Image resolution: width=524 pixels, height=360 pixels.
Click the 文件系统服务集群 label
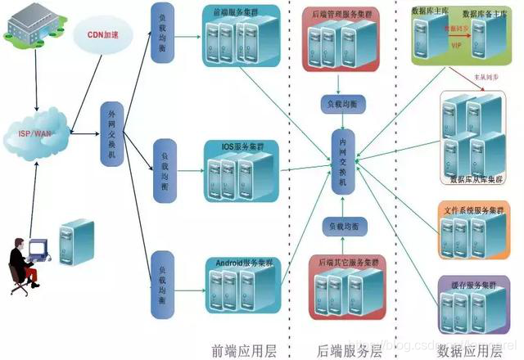click(470, 210)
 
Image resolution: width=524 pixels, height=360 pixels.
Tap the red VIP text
click(457, 46)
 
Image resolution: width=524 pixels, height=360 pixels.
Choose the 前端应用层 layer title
click(244, 349)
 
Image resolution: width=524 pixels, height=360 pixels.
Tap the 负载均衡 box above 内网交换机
click(341, 105)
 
